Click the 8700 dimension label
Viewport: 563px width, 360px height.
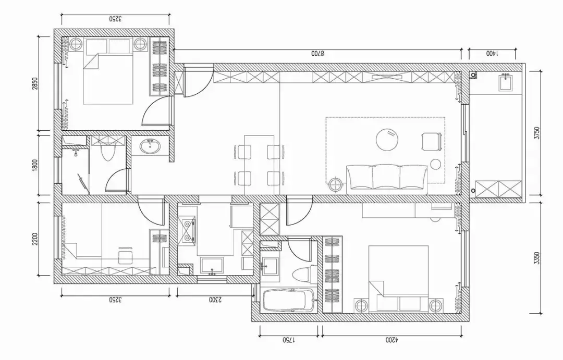pyautogui.click(x=317, y=54)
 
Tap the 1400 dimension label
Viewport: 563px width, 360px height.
pyautogui.click(x=492, y=54)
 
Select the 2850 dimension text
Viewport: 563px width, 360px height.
pyautogui.click(x=35, y=84)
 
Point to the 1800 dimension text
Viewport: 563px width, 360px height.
pyautogui.click(x=35, y=165)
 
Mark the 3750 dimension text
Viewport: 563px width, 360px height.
pyautogui.click(x=536, y=133)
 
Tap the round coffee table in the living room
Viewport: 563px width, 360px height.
pyautogui.click(x=388, y=139)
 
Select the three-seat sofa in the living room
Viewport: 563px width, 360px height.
pyautogui.click(x=387, y=179)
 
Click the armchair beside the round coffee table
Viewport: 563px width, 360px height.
pyautogui.click(x=431, y=141)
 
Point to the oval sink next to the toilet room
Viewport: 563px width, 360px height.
pyautogui.click(x=150, y=146)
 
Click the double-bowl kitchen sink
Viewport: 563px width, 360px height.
pyautogui.click(x=188, y=230)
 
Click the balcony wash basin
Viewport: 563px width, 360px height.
pyautogui.click(x=506, y=82)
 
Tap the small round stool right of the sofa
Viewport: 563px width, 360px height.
pyautogui.click(x=435, y=164)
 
